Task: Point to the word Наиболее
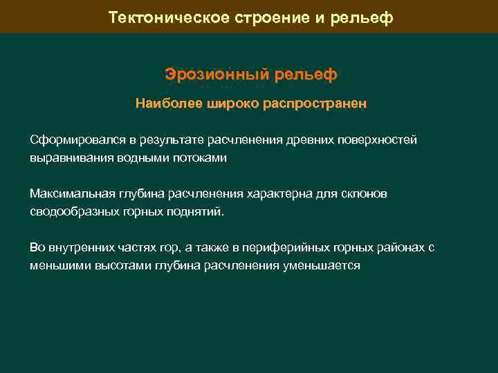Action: tap(167, 104)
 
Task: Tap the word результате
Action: tap(172, 140)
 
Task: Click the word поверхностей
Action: tap(378, 140)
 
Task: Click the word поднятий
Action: tap(196, 211)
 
